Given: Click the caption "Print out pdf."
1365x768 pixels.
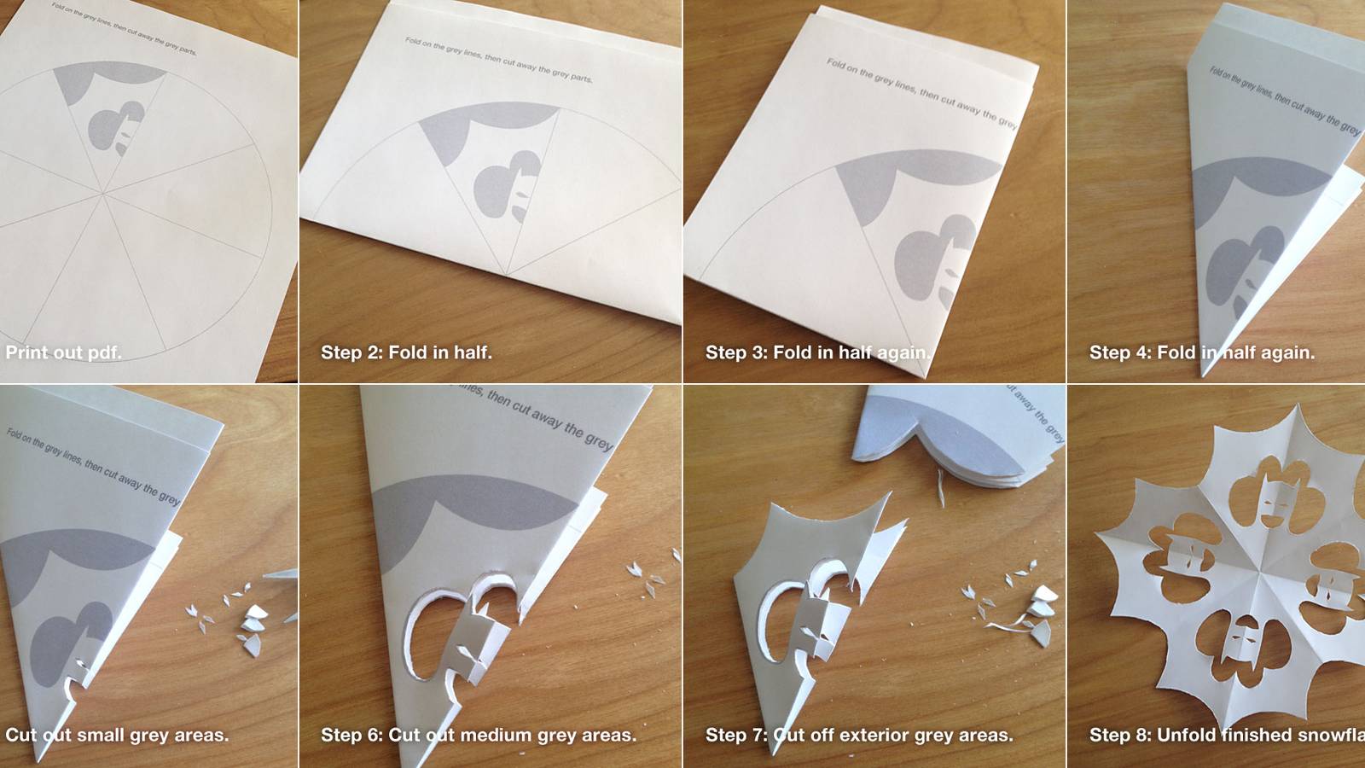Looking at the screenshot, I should [64, 352].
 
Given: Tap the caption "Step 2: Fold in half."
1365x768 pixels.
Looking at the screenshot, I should [406, 352].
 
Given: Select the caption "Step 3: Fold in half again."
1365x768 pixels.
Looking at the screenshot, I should [817, 352].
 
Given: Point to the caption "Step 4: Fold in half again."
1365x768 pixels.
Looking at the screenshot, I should [1201, 352].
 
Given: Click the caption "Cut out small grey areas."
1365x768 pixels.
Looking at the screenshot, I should [117, 735].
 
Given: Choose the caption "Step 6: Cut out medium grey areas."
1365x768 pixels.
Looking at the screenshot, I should [478, 735].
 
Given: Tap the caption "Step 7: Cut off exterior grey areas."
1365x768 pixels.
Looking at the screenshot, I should [858, 735].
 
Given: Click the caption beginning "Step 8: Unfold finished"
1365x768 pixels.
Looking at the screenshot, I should [1226, 735].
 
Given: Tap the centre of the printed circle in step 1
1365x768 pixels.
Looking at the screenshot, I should [104, 195].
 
